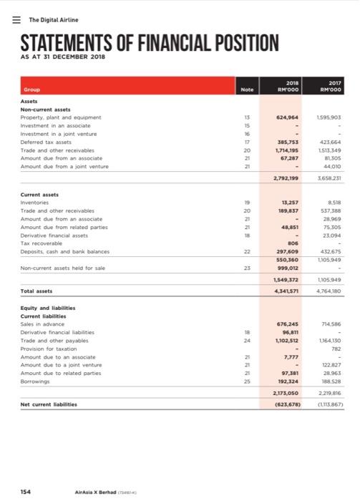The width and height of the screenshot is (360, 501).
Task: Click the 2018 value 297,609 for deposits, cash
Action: pos(286,270)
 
